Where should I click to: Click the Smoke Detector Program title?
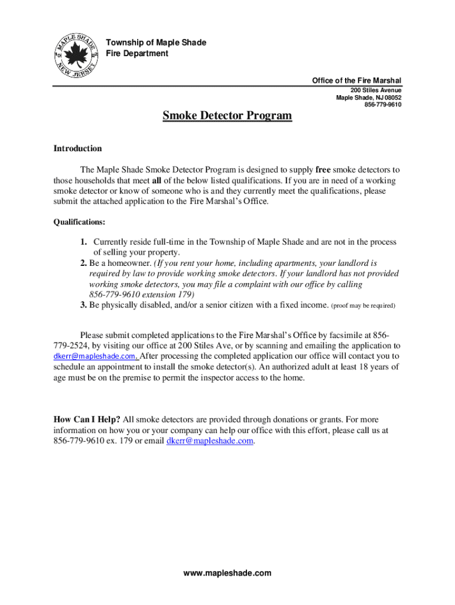click(227, 116)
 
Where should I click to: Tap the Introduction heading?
click(77, 148)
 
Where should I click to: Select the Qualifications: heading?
click(80, 222)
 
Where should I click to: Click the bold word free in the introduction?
click(323, 170)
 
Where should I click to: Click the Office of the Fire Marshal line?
click(356, 80)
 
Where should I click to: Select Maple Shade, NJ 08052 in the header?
click(369, 98)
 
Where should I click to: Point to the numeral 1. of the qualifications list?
click(84, 242)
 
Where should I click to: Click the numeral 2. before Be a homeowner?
click(84, 263)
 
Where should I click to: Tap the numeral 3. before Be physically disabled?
click(84, 305)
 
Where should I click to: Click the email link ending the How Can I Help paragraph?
click(211, 441)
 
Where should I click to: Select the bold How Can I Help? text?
click(87, 419)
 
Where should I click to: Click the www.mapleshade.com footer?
click(227, 573)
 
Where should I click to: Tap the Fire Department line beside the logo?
click(136, 54)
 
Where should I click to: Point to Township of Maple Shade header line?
click(155, 43)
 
